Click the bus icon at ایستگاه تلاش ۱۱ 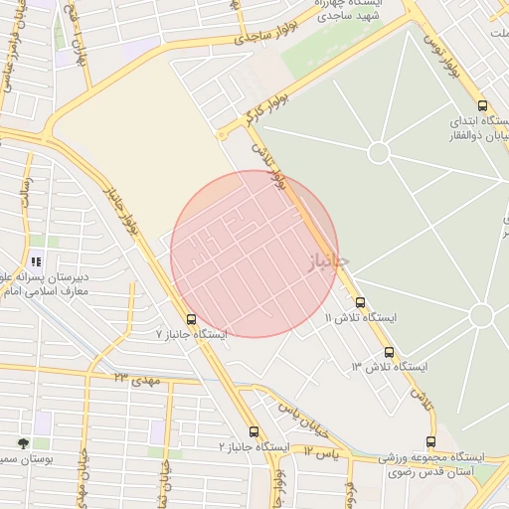pos(360,302)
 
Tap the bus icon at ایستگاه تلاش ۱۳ pos(389,352)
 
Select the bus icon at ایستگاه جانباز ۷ pos(191,320)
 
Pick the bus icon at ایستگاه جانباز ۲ pos(254,432)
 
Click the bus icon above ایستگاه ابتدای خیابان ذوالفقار pos(482,105)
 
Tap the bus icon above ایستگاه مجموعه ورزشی pos(430,441)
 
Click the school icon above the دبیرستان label pos(37,262)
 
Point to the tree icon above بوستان pos(22,442)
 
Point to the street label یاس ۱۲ pos(322,452)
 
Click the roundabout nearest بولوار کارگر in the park pos(378,152)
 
